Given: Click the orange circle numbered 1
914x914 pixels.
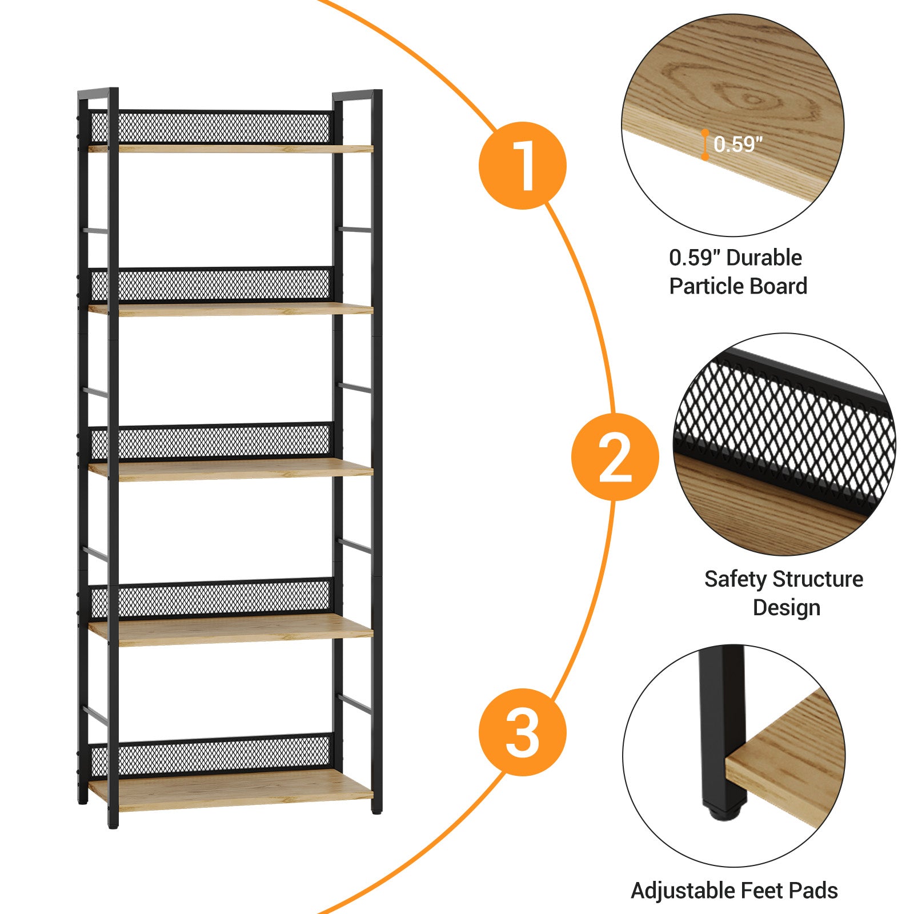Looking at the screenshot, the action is click(x=522, y=165).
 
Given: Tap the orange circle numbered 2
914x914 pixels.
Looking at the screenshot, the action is click(x=615, y=457).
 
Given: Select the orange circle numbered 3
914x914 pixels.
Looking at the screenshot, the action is click(x=522, y=732).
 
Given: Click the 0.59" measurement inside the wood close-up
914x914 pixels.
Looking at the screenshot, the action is click(x=737, y=145).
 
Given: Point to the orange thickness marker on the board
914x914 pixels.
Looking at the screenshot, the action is click(x=705, y=145).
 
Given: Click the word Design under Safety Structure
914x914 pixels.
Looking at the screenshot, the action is click(x=787, y=608).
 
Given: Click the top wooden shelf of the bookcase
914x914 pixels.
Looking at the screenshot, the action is click(x=231, y=149).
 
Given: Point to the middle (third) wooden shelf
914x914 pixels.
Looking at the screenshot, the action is click(x=231, y=469).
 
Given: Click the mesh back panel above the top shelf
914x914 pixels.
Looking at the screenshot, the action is click(x=211, y=127).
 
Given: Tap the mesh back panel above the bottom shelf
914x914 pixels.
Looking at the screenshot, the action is click(x=211, y=755).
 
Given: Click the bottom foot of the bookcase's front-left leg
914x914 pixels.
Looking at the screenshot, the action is click(x=113, y=823).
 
